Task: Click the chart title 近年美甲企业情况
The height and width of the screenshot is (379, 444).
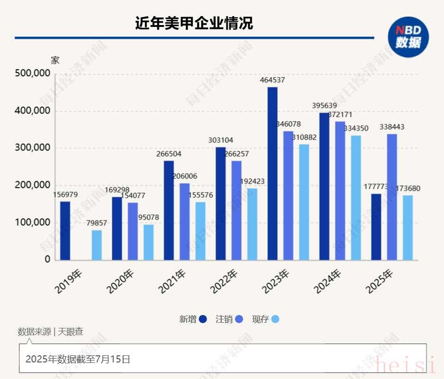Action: [x=194, y=23]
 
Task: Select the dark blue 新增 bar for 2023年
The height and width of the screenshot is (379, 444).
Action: [x=272, y=174]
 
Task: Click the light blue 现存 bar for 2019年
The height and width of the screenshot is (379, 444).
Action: [x=97, y=245]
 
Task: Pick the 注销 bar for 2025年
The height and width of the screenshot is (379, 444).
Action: [x=392, y=197]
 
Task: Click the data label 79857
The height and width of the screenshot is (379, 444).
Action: [x=97, y=223]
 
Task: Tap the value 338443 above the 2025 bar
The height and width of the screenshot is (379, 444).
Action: [x=392, y=127]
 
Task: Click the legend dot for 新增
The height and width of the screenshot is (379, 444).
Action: [x=203, y=319]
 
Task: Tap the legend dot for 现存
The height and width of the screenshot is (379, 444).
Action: [x=275, y=319]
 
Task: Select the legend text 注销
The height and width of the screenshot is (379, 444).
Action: [x=224, y=319]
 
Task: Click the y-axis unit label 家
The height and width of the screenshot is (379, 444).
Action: [x=55, y=61]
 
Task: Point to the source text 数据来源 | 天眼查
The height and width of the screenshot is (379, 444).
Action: [x=50, y=332]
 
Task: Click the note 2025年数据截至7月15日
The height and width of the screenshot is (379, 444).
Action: [x=78, y=359]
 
